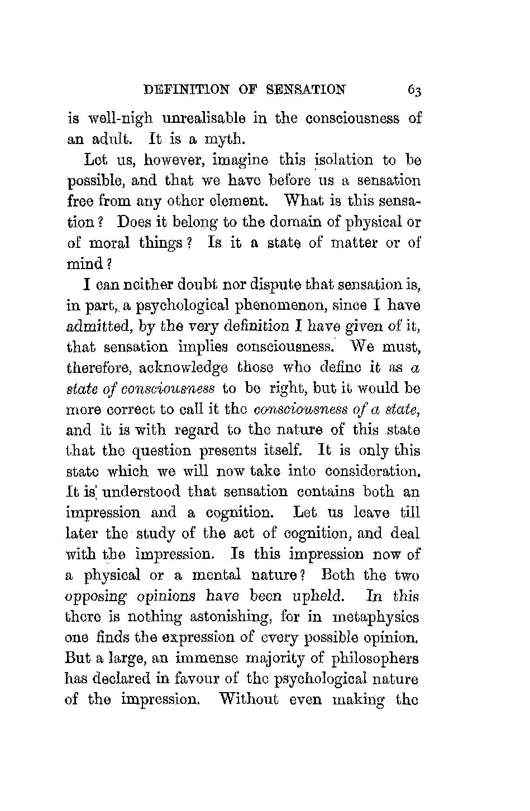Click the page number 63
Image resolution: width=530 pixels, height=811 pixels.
414,90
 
